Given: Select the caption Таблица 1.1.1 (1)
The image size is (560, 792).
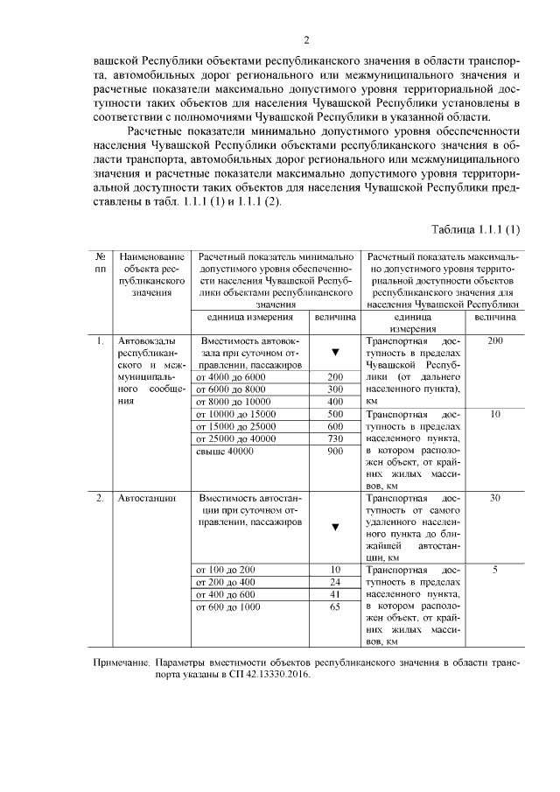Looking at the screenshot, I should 476,229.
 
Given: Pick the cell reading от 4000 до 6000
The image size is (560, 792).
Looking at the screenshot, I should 229,376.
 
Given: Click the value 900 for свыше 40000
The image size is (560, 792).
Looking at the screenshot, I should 334,452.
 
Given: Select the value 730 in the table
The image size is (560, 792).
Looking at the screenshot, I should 334,438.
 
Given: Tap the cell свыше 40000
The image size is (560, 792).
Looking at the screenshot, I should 225,452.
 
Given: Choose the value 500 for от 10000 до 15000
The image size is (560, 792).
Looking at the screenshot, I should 334,414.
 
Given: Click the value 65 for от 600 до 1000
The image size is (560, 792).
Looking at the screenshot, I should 334,606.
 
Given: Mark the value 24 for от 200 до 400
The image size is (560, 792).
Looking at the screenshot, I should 334,582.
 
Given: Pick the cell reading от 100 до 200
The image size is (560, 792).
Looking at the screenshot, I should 225,570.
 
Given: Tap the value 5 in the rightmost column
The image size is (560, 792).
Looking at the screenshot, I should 494,570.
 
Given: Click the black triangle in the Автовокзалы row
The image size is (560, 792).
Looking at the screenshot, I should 334,353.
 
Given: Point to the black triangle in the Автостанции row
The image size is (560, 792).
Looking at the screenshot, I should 334,527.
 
